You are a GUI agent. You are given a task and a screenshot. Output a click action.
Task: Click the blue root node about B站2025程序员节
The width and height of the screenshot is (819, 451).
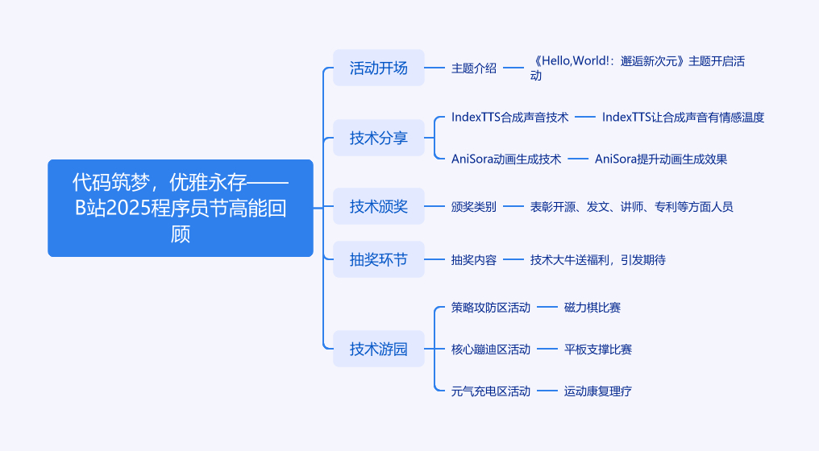click(x=181, y=208)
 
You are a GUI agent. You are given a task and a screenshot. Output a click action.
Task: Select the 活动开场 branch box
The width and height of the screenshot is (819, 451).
click(x=379, y=68)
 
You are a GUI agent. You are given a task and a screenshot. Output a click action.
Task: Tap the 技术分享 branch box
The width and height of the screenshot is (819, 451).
click(x=379, y=138)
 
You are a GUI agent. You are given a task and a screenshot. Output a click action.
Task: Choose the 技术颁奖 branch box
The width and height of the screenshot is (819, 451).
click(x=379, y=207)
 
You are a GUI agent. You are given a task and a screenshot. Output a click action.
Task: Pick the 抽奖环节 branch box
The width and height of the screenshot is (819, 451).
click(x=379, y=259)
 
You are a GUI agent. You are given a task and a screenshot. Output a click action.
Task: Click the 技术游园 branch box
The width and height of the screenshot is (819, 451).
click(x=379, y=349)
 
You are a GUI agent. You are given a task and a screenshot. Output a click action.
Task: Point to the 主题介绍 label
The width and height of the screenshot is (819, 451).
click(x=474, y=68)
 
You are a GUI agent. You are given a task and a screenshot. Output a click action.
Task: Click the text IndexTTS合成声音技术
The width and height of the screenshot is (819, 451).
click(x=509, y=117)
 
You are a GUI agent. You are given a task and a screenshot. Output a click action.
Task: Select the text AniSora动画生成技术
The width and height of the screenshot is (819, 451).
click(x=506, y=159)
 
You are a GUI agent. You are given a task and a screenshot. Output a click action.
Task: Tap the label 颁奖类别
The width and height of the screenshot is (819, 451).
click(x=474, y=207)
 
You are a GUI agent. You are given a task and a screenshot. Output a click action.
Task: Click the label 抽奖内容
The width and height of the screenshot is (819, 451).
click(x=474, y=259)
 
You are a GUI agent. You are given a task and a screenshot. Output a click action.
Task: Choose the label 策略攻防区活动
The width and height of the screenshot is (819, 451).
click(x=491, y=307)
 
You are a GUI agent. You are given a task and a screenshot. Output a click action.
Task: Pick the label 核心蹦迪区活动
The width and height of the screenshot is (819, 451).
click(x=491, y=349)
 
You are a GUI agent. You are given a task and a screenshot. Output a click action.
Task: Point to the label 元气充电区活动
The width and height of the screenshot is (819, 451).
click(x=491, y=391)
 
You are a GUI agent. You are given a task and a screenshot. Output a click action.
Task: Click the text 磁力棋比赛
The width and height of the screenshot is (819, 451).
click(x=592, y=307)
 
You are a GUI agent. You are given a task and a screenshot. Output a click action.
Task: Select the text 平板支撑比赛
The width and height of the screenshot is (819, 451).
click(x=598, y=349)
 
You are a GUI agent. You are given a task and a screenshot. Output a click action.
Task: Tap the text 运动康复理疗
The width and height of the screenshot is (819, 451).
click(x=598, y=391)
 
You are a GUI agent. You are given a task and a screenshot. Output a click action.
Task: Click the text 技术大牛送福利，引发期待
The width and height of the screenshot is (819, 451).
click(x=598, y=259)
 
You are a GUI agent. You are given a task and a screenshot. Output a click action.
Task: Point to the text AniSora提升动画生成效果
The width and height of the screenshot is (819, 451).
click(x=661, y=159)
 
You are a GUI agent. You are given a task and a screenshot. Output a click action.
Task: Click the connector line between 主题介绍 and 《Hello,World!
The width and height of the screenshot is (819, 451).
click(x=513, y=68)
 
